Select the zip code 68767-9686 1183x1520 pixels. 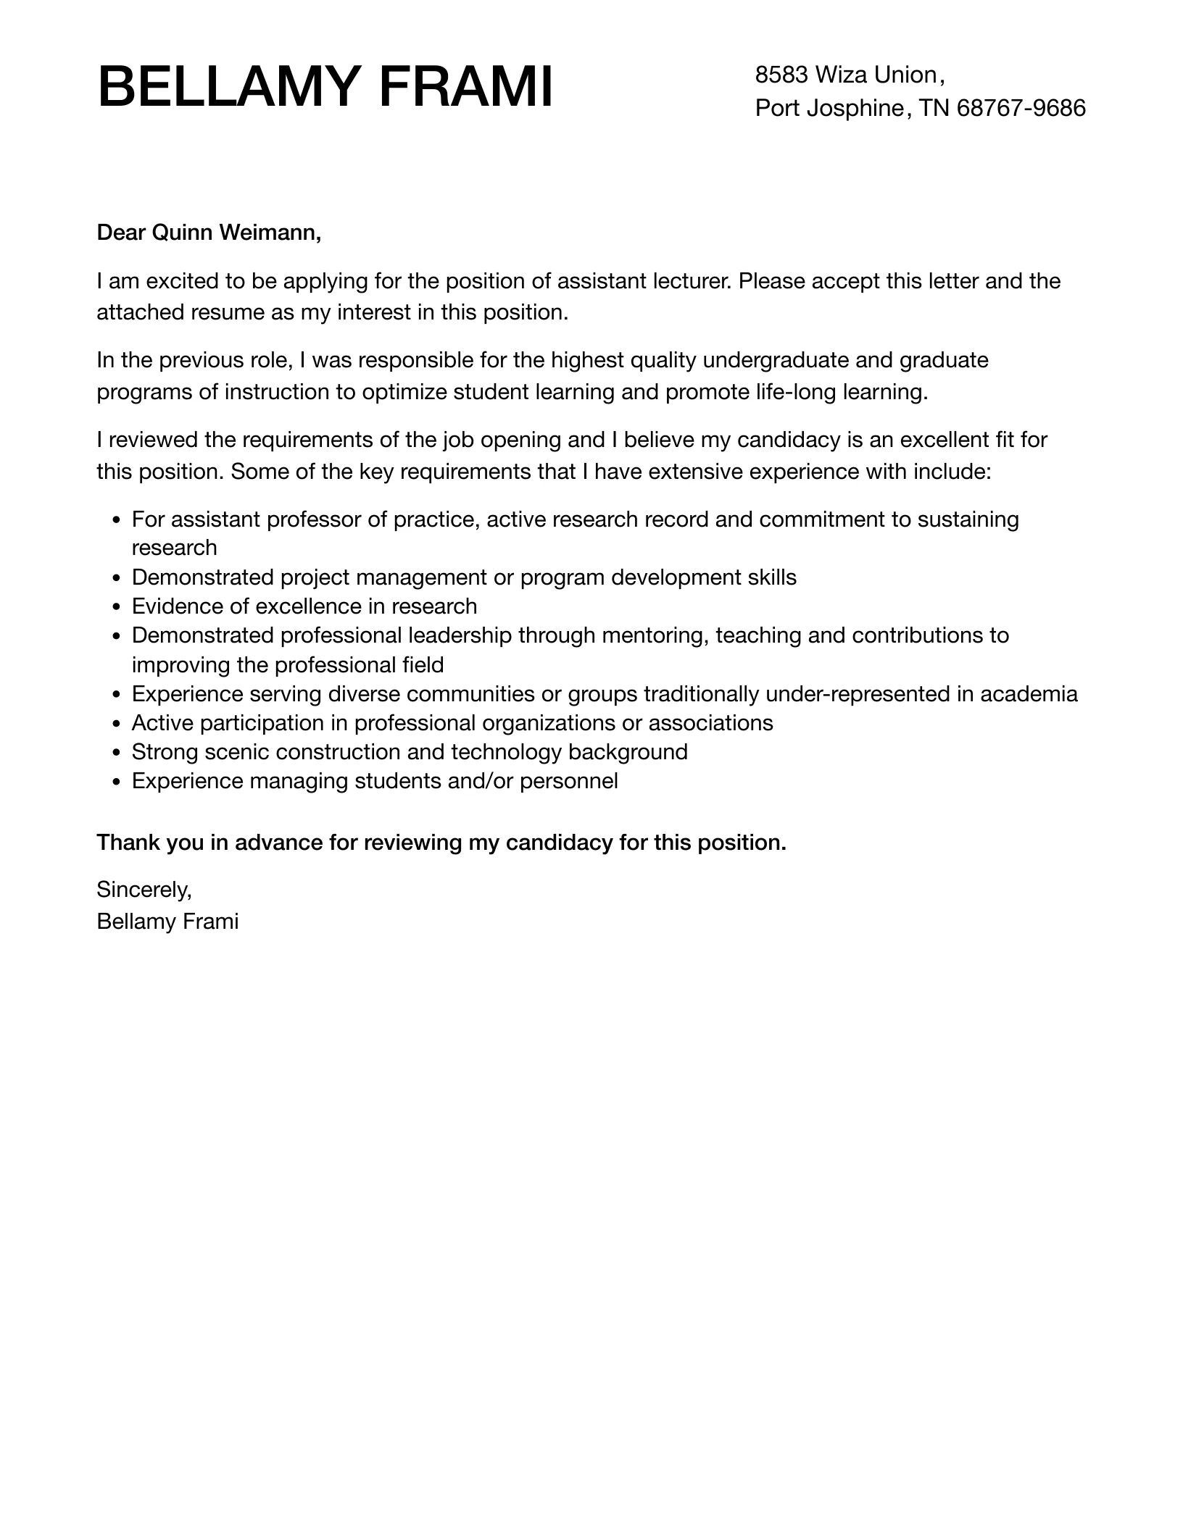tap(1021, 108)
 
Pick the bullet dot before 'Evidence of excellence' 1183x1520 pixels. tap(117, 607)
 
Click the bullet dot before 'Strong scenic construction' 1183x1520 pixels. tap(117, 753)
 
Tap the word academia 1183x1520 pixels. tap(1029, 694)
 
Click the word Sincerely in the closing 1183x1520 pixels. tap(144, 889)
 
